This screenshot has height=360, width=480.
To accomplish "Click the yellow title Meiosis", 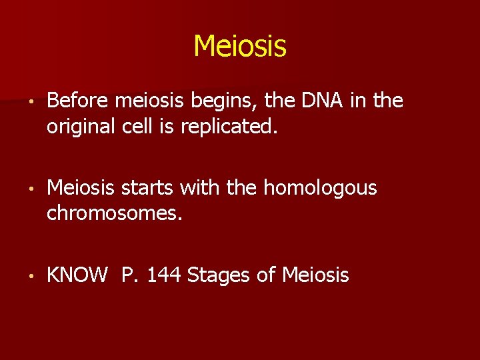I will pyautogui.click(x=240, y=46).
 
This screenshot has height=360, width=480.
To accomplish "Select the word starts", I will pyautogui.click(x=144, y=189).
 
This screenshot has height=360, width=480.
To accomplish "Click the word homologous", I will pyautogui.click(x=320, y=189).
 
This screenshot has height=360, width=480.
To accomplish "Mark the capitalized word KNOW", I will pyautogui.click(x=77, y=275).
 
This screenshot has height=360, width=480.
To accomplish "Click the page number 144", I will pyautogui.click(x=165, y=275).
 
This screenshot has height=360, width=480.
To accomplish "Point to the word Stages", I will pyautogui.click(x=217, y=275).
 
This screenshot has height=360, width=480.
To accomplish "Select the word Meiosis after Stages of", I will pyautogui.click(x=315, y=275).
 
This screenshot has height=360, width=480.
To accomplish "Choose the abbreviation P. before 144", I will pyautogui.click(x=129, y=275).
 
